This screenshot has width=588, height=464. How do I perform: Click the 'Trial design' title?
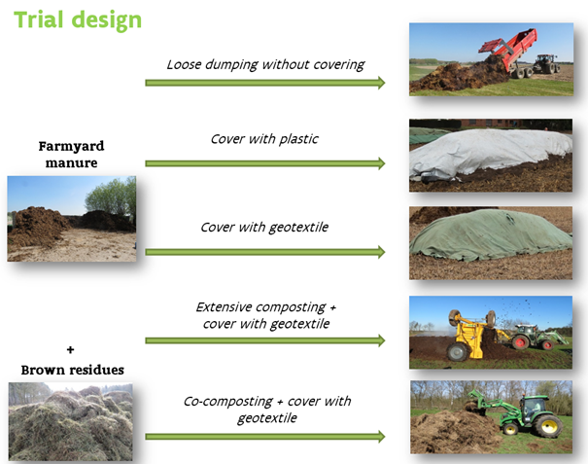tap(78, 19)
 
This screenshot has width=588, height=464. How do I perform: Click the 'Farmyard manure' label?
tap(71, 155)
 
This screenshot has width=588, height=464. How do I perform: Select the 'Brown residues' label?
tap(72, 371)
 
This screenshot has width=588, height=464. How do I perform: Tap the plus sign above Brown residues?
tap(70, 350)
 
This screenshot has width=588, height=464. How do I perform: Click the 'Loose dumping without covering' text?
tap(265, 64)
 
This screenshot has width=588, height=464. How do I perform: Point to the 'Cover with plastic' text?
tap(264, 139)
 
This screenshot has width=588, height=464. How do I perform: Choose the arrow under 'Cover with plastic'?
tap(265, 163)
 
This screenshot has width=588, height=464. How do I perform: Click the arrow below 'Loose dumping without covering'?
tap(265, 83)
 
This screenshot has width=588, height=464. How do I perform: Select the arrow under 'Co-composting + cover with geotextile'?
tap(265, 436)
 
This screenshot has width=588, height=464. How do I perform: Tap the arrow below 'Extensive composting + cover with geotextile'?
tap(265, 340)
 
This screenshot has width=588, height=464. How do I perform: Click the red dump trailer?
tap(508, 51)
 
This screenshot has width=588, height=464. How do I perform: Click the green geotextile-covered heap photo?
tap(491, 243)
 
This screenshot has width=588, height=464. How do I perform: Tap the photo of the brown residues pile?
tap(71, 421)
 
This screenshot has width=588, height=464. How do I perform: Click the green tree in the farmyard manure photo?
tap(111, 197)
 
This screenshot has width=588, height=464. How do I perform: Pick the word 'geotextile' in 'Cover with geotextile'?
tap(298, 228)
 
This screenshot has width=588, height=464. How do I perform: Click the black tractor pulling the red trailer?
tap(546, 64)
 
